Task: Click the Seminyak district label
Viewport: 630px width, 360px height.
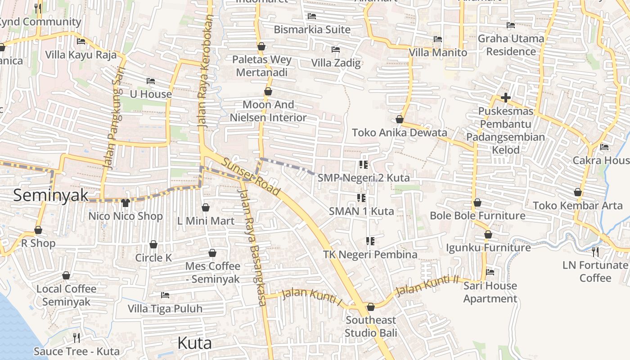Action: (51, 195)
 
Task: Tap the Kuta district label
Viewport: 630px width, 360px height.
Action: (194, 343)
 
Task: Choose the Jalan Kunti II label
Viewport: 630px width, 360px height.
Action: (427, 285)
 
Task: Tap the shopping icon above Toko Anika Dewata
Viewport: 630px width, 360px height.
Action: (399, 119)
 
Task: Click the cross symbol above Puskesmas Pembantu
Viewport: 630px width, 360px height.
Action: (505, 98)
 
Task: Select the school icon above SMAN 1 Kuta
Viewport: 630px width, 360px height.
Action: (361, 198)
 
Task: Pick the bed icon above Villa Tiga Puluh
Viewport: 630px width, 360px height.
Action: (165, 295)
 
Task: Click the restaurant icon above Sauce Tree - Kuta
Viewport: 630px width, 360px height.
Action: (76, 337)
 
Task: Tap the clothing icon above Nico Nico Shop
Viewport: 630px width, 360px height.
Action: (125, 203)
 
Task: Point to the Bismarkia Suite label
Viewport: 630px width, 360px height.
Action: (312, 30)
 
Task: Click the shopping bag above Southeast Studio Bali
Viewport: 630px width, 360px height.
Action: (370, 307)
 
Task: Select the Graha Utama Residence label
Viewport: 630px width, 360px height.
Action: (511, 45)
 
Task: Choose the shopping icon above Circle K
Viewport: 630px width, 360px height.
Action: (153, 244)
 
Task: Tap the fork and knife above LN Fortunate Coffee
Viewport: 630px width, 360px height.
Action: (595, 252)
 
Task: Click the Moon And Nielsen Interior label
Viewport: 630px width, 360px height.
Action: (268, 111)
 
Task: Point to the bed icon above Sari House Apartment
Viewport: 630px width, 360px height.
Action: (490, 272)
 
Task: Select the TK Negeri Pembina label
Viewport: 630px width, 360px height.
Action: (370, 255)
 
